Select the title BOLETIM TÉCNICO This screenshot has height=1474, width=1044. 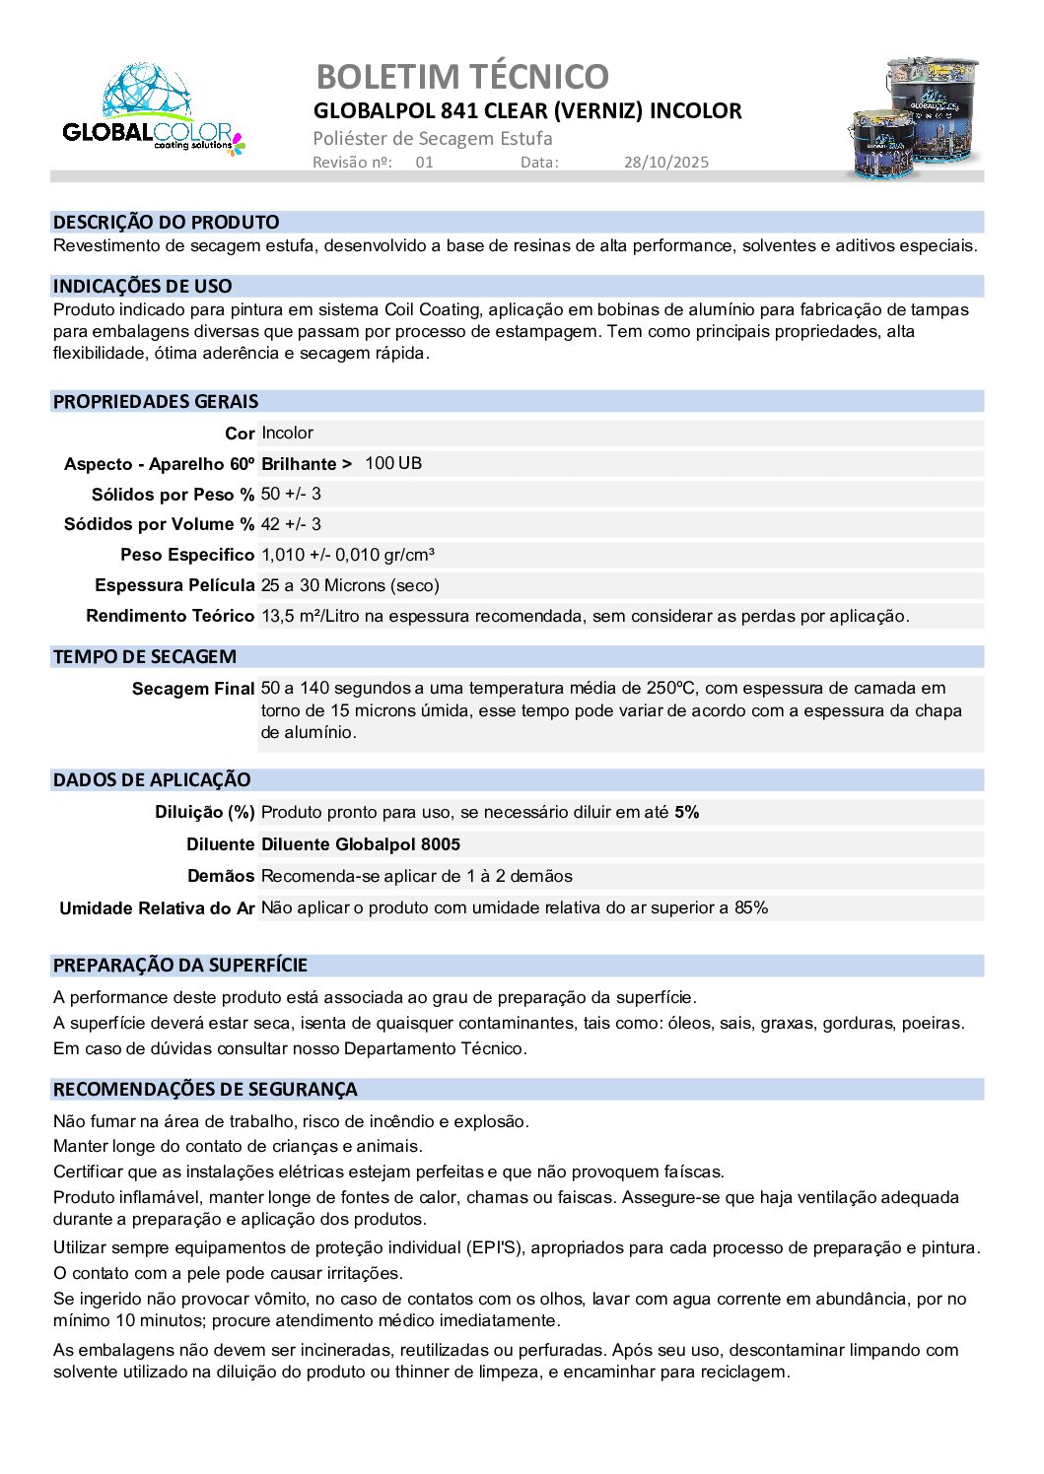[x=462, y=76]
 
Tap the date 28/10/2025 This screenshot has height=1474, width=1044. [x=665, y=163]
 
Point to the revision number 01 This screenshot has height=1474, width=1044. [x=424, y=163]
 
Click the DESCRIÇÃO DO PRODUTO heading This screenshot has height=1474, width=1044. [x=166, y=222]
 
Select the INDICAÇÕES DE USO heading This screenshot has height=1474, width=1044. [x=142, y=286]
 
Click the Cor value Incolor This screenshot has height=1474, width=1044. [x=287, y=433]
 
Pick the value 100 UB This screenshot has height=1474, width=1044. [x=392, y=463]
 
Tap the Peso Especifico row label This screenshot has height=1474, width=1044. [x=187, y=555]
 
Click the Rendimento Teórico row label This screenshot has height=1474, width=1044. [x=170, y=616]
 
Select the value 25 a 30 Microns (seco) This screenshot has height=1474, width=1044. [x=350, y=585]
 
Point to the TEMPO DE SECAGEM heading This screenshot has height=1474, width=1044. [x=144, y=656]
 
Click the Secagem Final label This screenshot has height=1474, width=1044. [x=192, y=689]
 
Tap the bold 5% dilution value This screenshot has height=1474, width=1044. [x=687, y=812]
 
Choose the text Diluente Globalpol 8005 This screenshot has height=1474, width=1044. [x=361, y=844]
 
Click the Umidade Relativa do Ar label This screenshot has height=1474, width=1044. [x=157, y=907]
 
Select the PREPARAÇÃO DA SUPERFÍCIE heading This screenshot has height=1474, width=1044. [x=180, y=965]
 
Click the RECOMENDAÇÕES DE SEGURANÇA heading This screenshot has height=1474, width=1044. [x=205, y=1089]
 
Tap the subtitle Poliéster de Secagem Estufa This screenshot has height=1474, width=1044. [x=433, y=138]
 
